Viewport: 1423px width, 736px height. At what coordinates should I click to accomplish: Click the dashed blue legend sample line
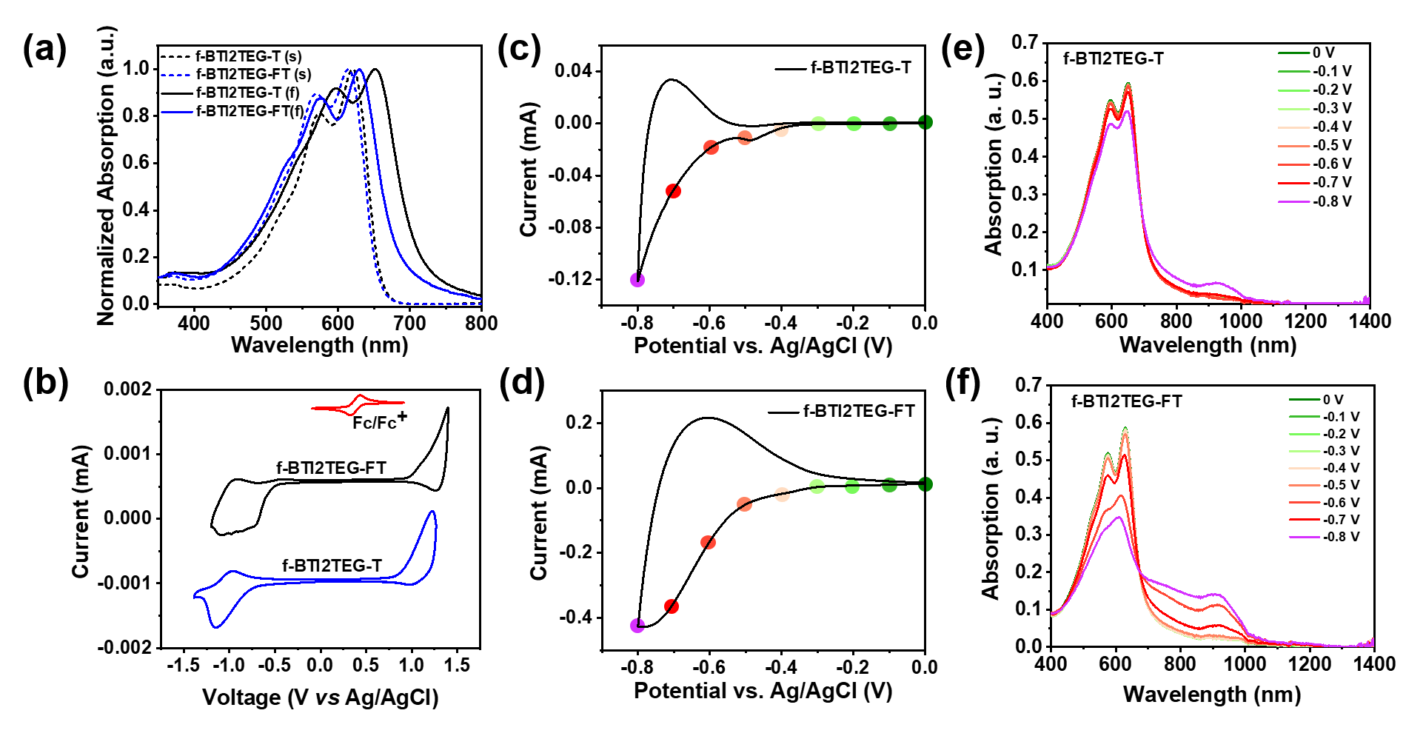175,76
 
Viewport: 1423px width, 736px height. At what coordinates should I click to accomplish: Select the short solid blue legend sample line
177,113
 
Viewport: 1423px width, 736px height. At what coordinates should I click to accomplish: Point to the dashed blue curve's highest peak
347,70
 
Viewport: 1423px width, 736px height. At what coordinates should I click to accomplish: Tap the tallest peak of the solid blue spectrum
361,70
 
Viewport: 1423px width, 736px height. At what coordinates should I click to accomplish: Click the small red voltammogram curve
358,404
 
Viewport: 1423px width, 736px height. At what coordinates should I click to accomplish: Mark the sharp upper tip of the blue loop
433,512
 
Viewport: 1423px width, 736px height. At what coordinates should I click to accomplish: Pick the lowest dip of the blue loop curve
217,627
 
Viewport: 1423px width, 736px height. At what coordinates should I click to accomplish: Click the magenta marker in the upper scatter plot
637,280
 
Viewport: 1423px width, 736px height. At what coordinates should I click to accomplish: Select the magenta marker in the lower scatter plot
637,626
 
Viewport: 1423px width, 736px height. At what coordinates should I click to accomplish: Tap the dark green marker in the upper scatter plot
925,122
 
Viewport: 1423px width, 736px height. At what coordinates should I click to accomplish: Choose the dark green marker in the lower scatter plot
925,484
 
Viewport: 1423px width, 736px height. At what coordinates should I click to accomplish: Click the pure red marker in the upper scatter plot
673,191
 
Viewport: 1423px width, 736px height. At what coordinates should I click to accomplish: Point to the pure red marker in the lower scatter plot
672,606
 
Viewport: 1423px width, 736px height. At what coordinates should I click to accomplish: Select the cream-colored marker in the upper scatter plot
781,130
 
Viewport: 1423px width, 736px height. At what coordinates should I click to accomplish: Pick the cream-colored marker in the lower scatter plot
782,494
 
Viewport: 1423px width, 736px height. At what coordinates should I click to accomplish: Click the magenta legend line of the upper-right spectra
1294,201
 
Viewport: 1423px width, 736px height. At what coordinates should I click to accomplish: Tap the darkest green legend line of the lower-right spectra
1305,399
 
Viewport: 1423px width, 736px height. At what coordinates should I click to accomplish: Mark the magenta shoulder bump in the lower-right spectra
1216,595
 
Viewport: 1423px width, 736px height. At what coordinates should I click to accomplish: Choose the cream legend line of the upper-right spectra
1294,127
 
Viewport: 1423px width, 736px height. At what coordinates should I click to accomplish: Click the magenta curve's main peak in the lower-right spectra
1119,517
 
